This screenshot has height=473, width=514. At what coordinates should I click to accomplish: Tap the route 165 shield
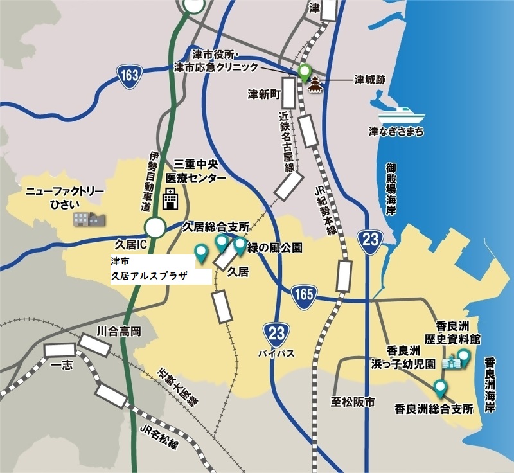tap(301, 293)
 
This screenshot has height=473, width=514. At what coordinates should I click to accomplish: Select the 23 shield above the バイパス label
tap(274, 333)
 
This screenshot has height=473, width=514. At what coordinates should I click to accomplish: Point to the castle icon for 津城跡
tap(315, 85)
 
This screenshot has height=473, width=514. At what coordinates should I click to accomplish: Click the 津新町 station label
tap(265, 94)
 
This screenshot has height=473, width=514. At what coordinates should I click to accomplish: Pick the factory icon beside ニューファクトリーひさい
tap(87, 218)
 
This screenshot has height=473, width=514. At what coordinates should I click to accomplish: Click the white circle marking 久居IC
tap(155, 227)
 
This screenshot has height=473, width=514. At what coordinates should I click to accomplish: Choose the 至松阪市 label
tap(353, 402)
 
